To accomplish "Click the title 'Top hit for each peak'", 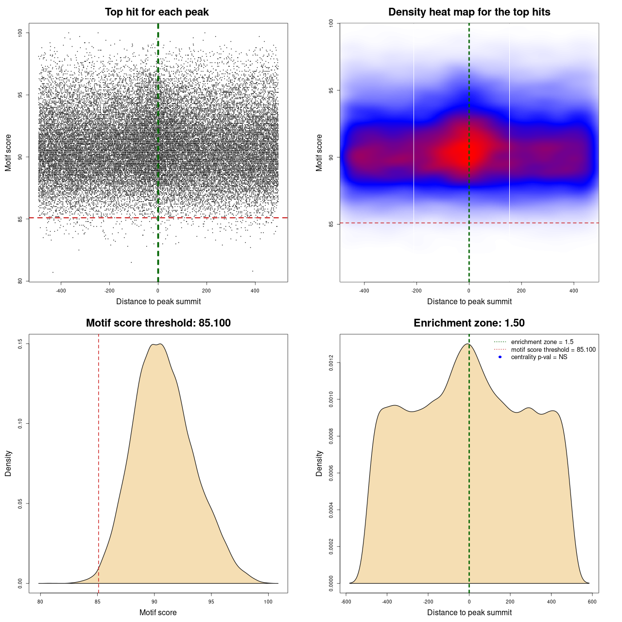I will pyautogui.click(x=156, y=12).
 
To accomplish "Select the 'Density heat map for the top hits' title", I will pyautogui.click(x=469, y=12).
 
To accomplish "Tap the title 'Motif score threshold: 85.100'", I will pyautogui.click(x=158, y=323).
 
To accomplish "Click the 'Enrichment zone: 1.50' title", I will pyautogui.click(x=469, y=323).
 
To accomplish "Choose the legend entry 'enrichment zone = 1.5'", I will pyautogui.click(x=542, y=342).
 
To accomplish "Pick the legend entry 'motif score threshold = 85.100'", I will pyautogui.click(x=553, y=350).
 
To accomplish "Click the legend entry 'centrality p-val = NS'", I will pyautogui.click(x=539, y=357).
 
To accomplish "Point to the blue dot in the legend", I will pyautogui.click(x=500, y=357).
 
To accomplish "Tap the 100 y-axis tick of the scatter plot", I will pyautogui.click(x=20, y=33).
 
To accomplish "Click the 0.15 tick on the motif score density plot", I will pyautogui.click(x=20, y=344).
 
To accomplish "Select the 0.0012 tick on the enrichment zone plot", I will pyautogui.click(x=331, y=363).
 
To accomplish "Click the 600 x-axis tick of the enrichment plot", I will pyautogui.click(x=592, y=602).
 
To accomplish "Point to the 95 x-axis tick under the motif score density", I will pyautogui.click(x=211, y=602).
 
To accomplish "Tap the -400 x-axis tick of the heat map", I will pyautogui.click(x=364, y=291).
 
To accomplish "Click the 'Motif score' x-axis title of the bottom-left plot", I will pyautogui.click(x=158, y=612).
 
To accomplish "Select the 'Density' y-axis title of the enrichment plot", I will pyautogui.click(x=319, y=463).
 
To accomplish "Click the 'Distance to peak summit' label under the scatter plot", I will pyautogui.click(x=158, y=301).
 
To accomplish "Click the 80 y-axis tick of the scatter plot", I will pyautogui.click(x=20, y=281).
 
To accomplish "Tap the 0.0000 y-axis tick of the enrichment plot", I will pyautogui.click(x=331, y=583).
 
